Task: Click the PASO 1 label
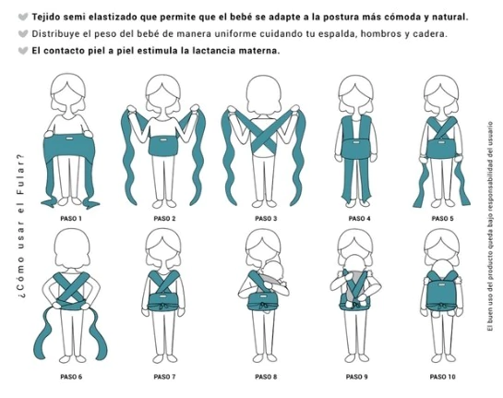point(71,219)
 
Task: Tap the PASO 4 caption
point(359,219)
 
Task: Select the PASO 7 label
point(164,377)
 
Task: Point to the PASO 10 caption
point(442,377)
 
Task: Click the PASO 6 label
point(71,377)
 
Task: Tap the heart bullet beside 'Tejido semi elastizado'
point(23,17)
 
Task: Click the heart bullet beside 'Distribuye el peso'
point(23,33)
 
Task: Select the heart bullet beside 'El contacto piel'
point(23,51)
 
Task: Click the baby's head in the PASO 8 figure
point(275,270)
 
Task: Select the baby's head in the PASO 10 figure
point(442,269)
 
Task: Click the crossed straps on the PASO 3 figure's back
point(264,134)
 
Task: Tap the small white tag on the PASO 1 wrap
point(68,139)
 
